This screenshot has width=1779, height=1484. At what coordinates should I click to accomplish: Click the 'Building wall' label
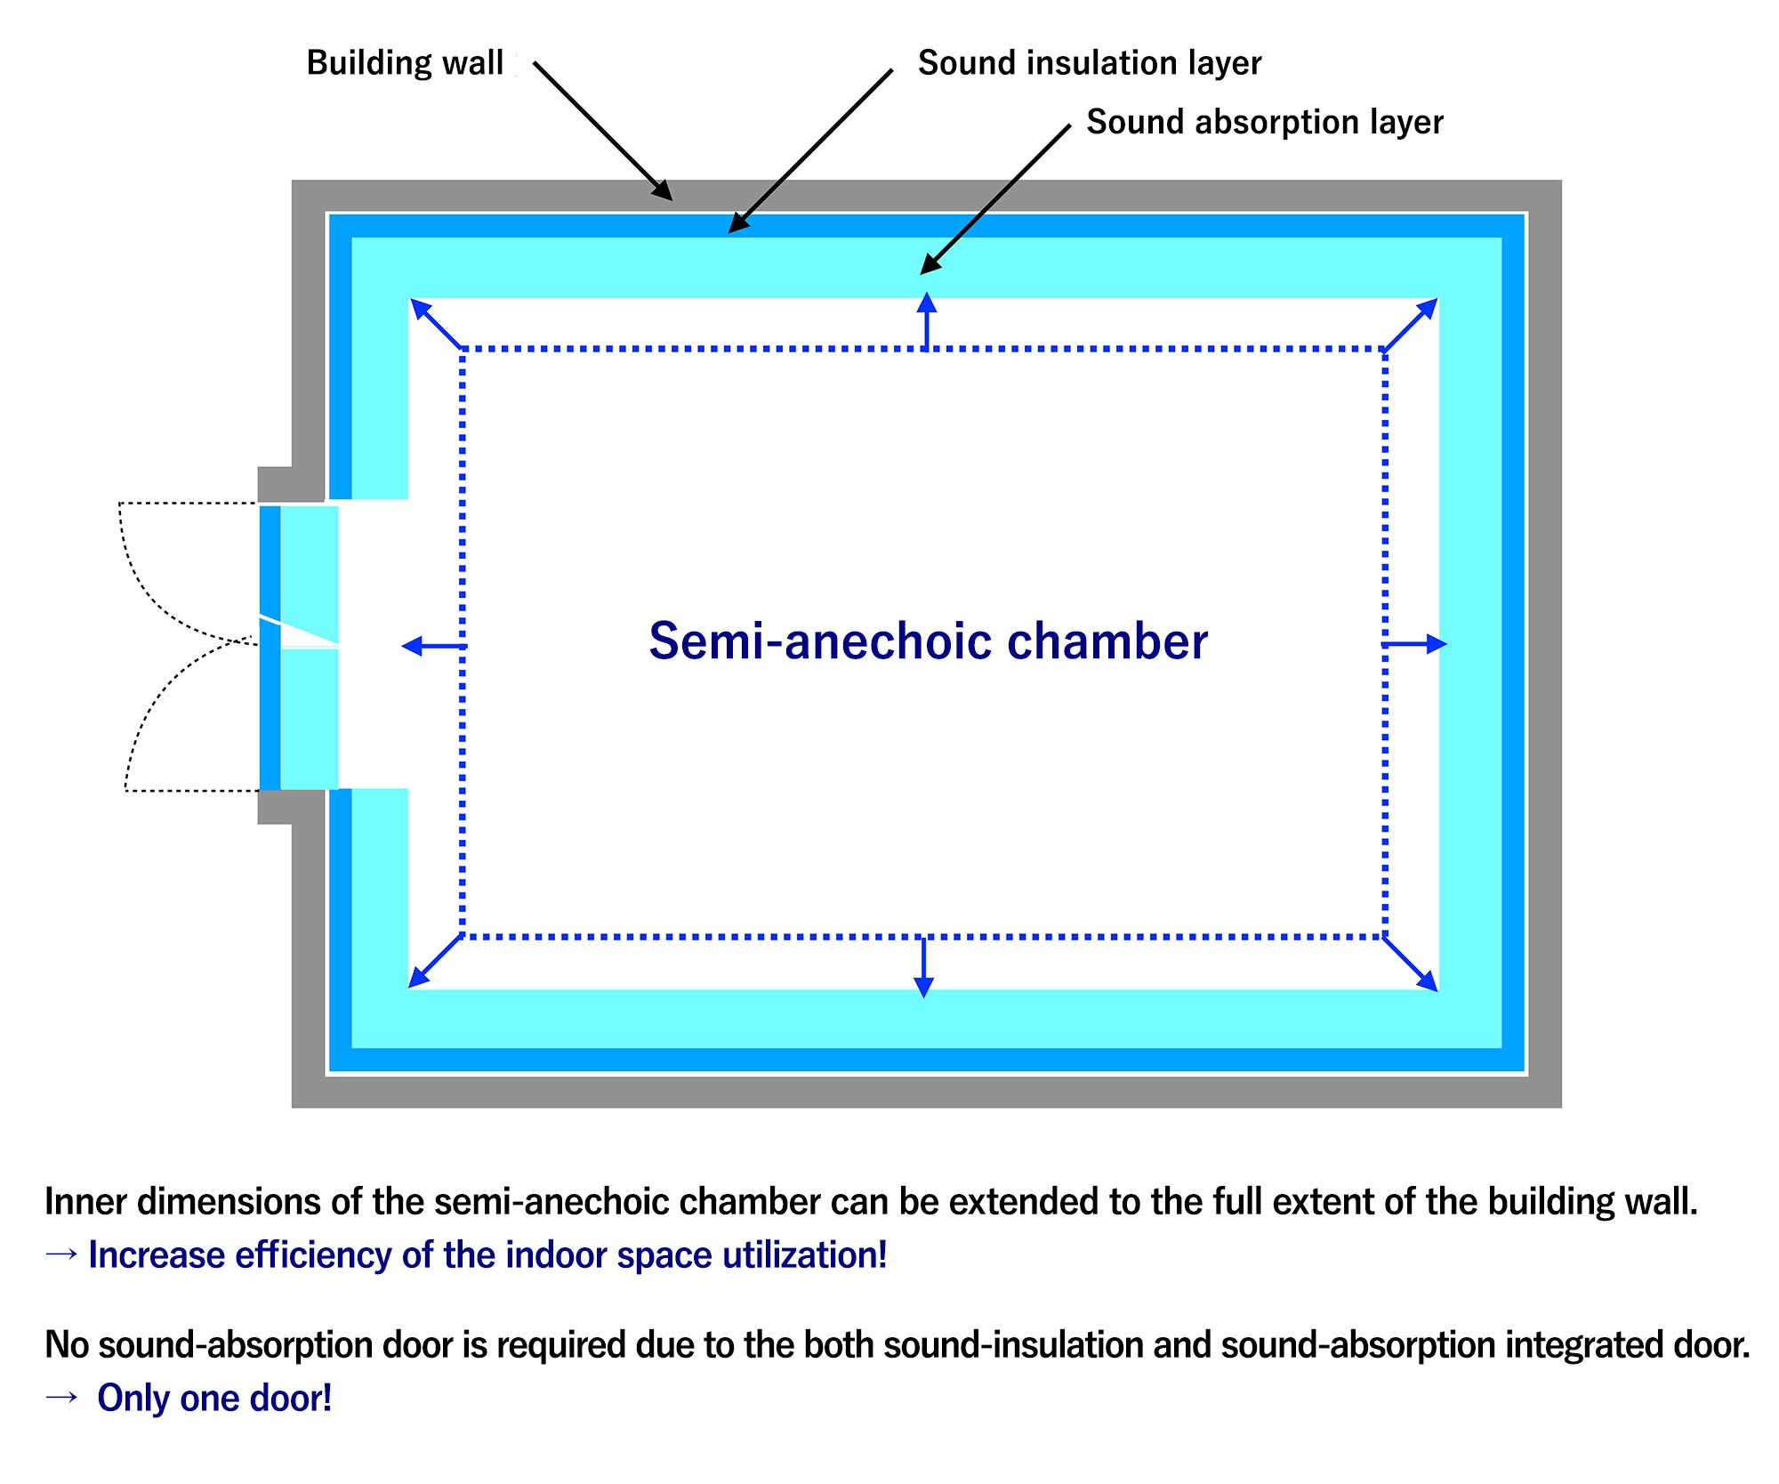point(405,63)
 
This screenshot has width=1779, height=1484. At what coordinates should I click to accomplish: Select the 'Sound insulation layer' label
point(1090,63)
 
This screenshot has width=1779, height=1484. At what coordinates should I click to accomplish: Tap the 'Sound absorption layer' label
point(1265,122)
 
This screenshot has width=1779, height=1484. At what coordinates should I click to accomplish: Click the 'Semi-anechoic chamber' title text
point(928,641)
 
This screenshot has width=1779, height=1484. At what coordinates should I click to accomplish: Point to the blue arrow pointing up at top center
point(927,320)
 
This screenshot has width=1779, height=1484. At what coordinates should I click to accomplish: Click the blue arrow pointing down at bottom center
point(924,967)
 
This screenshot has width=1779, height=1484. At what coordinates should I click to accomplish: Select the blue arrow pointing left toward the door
point(433,646)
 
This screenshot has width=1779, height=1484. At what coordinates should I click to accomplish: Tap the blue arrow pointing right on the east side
point(1414,644)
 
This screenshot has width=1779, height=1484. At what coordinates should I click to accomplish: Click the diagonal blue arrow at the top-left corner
point(436,323)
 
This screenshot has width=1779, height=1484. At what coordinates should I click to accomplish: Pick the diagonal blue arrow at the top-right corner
point(1411,325)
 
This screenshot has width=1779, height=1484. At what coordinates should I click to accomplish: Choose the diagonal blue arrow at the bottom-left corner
point(435,961)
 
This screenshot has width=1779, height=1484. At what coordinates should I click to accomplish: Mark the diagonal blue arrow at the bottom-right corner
point(1411,964)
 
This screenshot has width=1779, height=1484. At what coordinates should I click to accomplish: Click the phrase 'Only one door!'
point(214,1398)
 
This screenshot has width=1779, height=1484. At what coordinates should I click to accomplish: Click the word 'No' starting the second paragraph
point(68,1344)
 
